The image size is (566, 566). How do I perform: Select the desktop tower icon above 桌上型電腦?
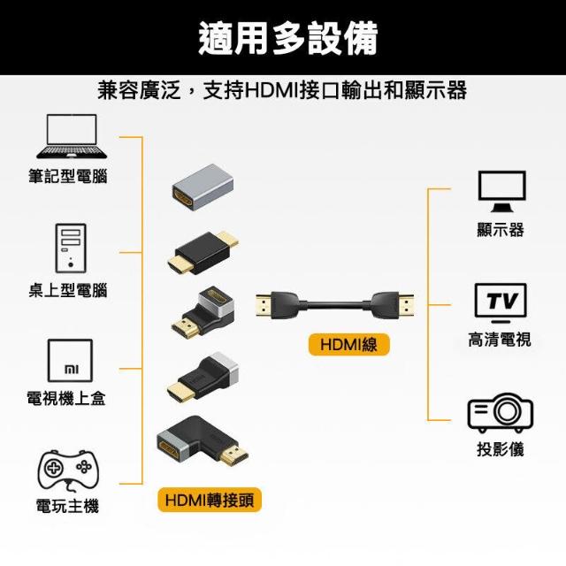70,248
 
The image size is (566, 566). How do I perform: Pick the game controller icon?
67,469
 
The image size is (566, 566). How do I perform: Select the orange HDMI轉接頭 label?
210,501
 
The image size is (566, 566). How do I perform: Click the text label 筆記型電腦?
68,177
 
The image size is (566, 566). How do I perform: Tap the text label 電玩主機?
68,507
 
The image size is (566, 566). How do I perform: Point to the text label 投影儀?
501,449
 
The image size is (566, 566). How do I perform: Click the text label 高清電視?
500,340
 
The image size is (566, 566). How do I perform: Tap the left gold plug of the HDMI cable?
266,305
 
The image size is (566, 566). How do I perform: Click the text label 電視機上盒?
67,399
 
